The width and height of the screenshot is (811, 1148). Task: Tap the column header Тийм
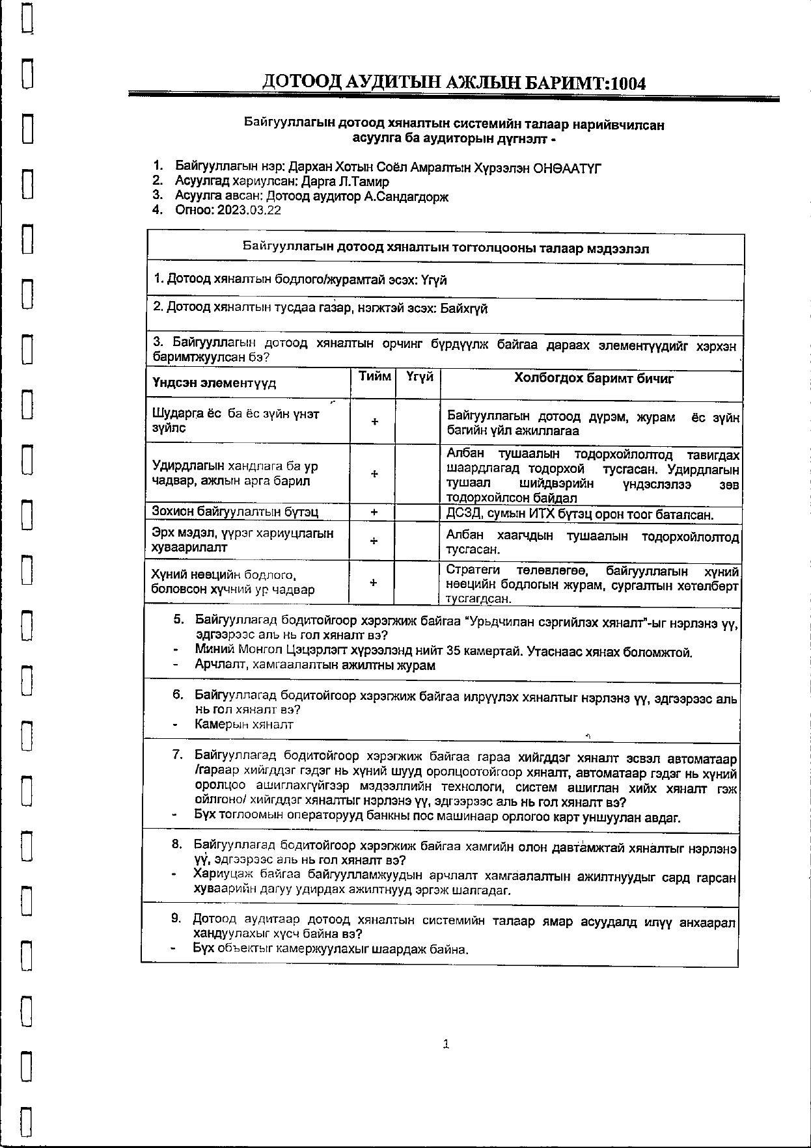click(x=374, y=377)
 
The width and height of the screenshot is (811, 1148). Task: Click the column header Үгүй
click(x=419, y=377)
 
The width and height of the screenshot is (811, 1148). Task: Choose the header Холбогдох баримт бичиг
click(x=593, y=378)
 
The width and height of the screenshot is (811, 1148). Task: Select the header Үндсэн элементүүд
click(x=213, y=383)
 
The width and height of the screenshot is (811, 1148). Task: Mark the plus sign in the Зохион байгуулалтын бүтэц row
click(x=374, y=513)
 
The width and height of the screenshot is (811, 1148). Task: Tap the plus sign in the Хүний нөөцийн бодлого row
click(x=374, y=583)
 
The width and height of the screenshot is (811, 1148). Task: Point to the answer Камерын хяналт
click(x=244, y=724)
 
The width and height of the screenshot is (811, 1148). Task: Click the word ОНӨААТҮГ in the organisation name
click(x=567, y=168)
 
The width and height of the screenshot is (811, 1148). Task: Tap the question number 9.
click(x=176, y=918)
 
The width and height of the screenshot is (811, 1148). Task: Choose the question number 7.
click(x=177, y=755)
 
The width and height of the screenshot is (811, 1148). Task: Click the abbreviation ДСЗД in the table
click(x=461, y=514)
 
